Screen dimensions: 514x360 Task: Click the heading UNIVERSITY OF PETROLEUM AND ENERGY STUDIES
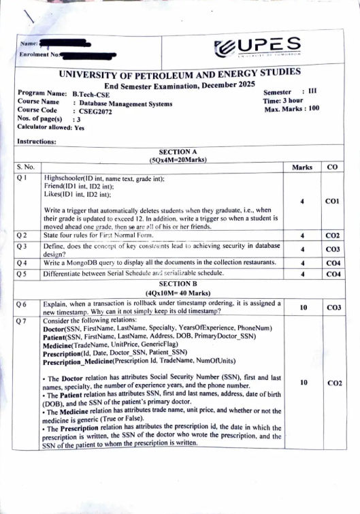[x=180, y=74]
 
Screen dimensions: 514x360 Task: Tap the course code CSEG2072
[x=95, y=110]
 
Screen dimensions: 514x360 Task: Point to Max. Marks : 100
[x=291, y=108]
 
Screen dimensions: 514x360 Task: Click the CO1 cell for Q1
[x=332, y=202]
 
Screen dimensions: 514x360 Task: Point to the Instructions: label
[x=36, y=142]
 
